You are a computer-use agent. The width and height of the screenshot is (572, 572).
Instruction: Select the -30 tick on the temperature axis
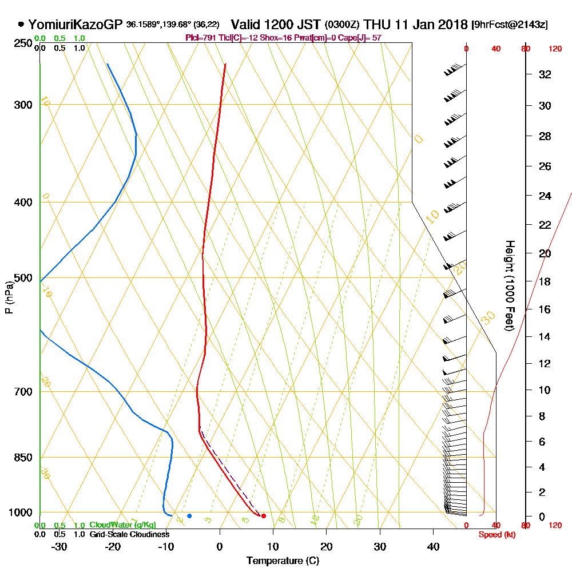59,546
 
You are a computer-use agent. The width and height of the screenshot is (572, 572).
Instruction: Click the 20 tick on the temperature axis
327,546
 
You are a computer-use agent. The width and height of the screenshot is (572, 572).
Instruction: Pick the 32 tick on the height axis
545,74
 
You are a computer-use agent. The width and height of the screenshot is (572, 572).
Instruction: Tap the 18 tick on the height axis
545,281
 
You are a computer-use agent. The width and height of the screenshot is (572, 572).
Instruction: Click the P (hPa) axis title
9,297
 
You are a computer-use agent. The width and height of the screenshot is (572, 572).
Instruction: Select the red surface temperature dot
264,516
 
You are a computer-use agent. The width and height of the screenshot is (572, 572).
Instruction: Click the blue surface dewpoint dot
189,516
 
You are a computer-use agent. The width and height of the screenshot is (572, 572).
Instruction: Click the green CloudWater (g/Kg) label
123,525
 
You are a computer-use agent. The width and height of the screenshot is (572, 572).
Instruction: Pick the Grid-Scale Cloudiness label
129,534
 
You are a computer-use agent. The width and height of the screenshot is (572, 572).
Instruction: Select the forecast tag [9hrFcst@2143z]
510,25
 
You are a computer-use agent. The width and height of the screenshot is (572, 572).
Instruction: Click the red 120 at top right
555,49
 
